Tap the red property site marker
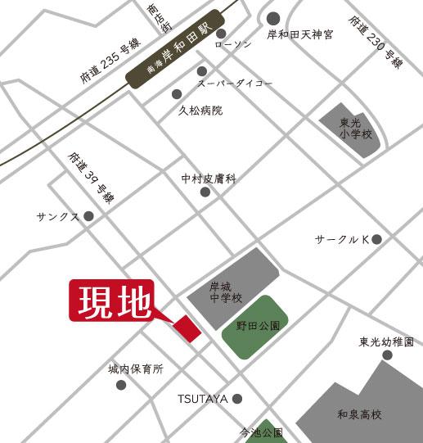pyautogui.click(x=187, y=328)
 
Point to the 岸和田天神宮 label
pyautogui.click(x=301, y=35)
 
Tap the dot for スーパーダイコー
pyautogui.click(x=201, y=72)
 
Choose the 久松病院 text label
pyautogui.click(x=200, y=110)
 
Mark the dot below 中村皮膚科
pyautogui.click(x=205, y=192)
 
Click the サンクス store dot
pyautogui.click(x=88, y=216)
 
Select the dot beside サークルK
pyautogui.click(x=376, y=239)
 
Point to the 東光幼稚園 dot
pyautogui.click(x=387, y=355)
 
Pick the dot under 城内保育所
pyautogui.click(x=120, y=385)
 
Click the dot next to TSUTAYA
pyautogui.click(x=237, y=399)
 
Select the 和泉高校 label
pyautogui.click(x=360, y=414)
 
